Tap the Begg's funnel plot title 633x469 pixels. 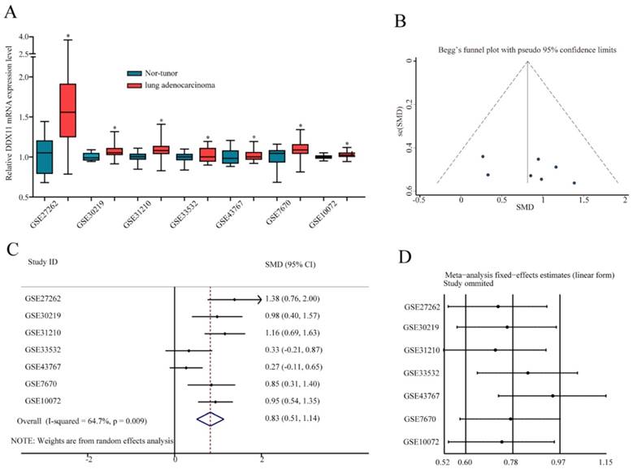[522, 50]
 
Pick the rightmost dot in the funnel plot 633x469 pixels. [574, 183]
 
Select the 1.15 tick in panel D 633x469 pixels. [605, 461]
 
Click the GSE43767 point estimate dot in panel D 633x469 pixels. [553, 396]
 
